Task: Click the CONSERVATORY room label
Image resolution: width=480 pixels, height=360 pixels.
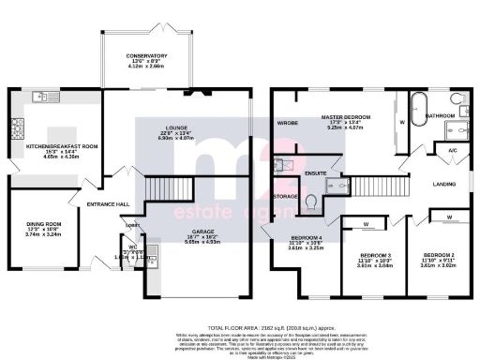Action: point(146,56)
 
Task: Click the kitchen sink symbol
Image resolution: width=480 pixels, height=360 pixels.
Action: point(40,97)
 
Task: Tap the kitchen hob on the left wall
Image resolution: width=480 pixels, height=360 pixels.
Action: point(16,127)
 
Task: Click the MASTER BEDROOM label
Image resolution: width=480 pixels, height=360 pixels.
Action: point(346,117)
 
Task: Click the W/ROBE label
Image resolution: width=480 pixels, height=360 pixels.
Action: point(288,123)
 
